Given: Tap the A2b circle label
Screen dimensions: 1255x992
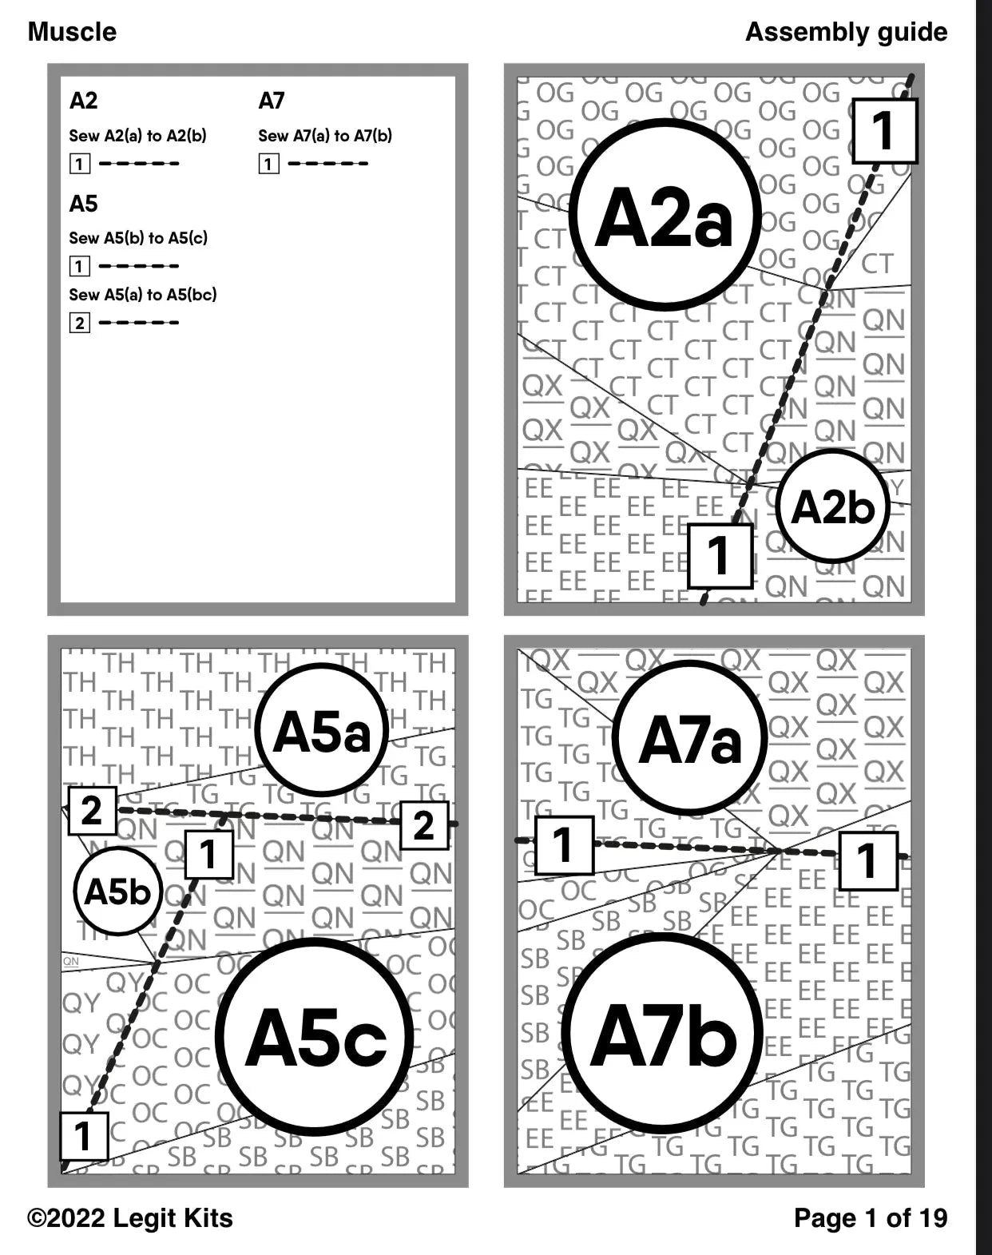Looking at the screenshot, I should [832, 506].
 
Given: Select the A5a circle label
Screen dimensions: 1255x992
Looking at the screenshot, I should [322, 730].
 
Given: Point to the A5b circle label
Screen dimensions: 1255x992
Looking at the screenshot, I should [117, 891].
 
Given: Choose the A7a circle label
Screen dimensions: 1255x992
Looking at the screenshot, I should [690, 739].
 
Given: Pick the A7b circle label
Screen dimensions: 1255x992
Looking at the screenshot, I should [663, 1035].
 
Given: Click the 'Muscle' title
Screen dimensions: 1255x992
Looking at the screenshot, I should [72, 32].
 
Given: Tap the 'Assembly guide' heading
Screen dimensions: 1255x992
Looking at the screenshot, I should [846, 32].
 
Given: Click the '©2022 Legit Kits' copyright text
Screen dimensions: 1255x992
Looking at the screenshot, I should [130, 1218].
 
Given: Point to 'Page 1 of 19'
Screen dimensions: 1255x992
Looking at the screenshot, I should [871, 1218].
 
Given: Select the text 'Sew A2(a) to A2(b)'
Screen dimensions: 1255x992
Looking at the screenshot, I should [137, 136].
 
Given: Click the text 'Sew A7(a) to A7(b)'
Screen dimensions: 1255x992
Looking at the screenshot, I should [325, 136].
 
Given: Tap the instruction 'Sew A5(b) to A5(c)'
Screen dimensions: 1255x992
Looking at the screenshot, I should [138, 238].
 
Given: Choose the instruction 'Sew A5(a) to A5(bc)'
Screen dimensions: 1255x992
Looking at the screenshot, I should [143, 295].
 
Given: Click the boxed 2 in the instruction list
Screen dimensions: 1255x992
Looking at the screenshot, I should [79, 323].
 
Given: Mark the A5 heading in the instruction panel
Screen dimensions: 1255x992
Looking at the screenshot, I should [83, 204].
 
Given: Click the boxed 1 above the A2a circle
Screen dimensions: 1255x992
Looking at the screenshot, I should [884, 131].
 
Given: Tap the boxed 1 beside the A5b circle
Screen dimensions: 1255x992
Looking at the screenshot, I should [208, 854].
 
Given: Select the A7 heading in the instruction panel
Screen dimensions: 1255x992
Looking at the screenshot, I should [272, 101].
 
